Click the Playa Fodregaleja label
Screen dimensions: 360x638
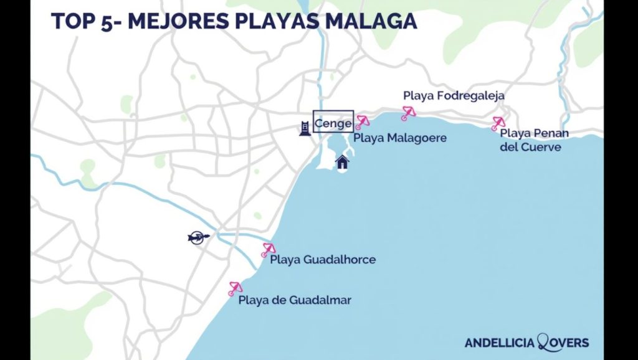[454, 96]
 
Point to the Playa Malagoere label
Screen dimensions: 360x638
[400, 138]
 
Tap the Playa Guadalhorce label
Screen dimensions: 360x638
[323, 259]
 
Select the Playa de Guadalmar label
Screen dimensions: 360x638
[295, 300]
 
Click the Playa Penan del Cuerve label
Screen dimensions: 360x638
[533, 140]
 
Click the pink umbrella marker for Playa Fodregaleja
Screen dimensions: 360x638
[408, 113]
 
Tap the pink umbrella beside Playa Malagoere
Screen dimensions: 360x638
[362, 121]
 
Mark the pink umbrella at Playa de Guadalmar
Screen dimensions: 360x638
[235, 288]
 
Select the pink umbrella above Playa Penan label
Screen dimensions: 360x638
[498, 123]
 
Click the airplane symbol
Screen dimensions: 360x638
[198, 237]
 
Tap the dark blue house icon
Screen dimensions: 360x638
[342, 163]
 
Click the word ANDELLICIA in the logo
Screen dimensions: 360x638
[500, 343]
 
